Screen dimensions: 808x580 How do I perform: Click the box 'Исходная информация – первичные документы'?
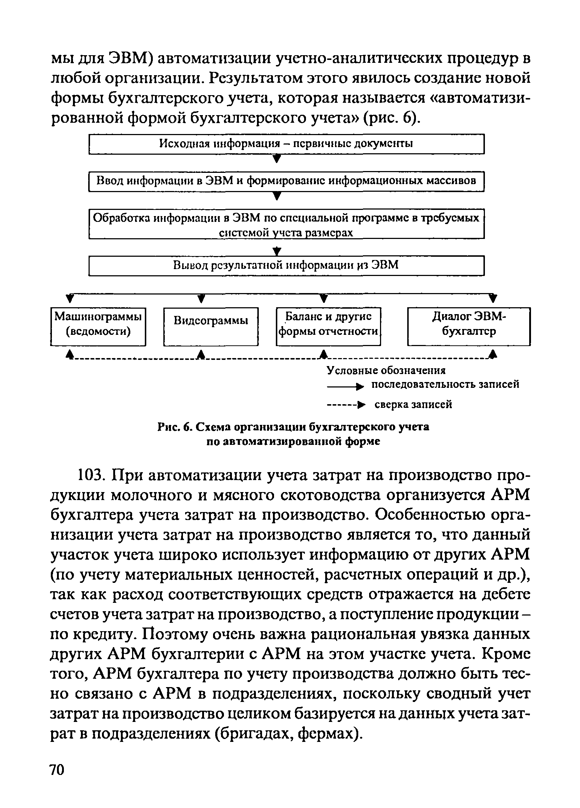click(286, 144)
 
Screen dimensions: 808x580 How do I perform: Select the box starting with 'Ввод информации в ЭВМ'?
click(286, 181)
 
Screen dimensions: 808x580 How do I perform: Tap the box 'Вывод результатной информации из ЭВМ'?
click(286, 265)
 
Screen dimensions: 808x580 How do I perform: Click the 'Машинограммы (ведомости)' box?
click(98, 326)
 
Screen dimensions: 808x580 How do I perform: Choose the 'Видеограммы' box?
click(211, 326)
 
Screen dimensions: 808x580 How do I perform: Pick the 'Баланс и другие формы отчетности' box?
click(328, 326)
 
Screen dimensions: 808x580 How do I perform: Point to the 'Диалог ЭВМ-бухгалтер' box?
click(469, 326)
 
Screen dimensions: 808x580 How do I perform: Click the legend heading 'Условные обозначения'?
click(386, 370)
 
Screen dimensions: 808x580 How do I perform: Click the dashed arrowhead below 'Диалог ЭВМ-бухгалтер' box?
click(492, 354)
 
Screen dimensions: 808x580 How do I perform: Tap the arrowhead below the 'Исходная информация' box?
click(277, 159)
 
